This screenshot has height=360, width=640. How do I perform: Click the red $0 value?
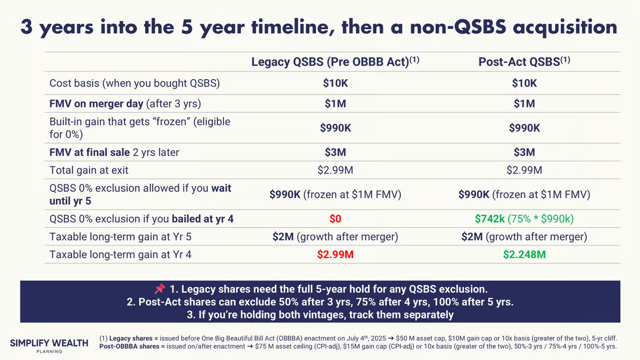click(335, 219)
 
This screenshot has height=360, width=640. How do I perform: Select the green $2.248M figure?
click(524, 255)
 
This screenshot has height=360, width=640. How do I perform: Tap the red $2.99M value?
click(335, 255)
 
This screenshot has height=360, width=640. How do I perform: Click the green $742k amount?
click(490, 219)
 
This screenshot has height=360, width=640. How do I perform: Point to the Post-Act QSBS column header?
click(524, 61)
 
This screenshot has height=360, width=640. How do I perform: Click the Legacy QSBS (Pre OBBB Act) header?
click(335, 61)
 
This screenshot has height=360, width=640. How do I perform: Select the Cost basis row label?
click(135, 83)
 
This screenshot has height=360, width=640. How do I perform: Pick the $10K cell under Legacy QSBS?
click(335, 83)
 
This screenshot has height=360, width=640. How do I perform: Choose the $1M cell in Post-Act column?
click(524, 103)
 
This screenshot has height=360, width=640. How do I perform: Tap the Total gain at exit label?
click(89, 170)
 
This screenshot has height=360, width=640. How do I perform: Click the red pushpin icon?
click(160, 289)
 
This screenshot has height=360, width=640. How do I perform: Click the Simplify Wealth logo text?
click(49, 343)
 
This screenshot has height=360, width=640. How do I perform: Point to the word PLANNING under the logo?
click(49, 352)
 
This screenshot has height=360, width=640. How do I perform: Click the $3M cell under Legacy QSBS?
click(335, 153)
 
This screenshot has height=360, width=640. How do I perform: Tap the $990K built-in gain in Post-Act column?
click(524, 128)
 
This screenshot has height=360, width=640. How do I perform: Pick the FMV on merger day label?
click(125, 103)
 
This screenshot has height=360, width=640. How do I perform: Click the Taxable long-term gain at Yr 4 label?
click(120, 255)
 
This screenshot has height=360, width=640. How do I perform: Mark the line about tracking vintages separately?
click(320, 314)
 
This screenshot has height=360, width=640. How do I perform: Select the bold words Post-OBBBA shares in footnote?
click(129, 347)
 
